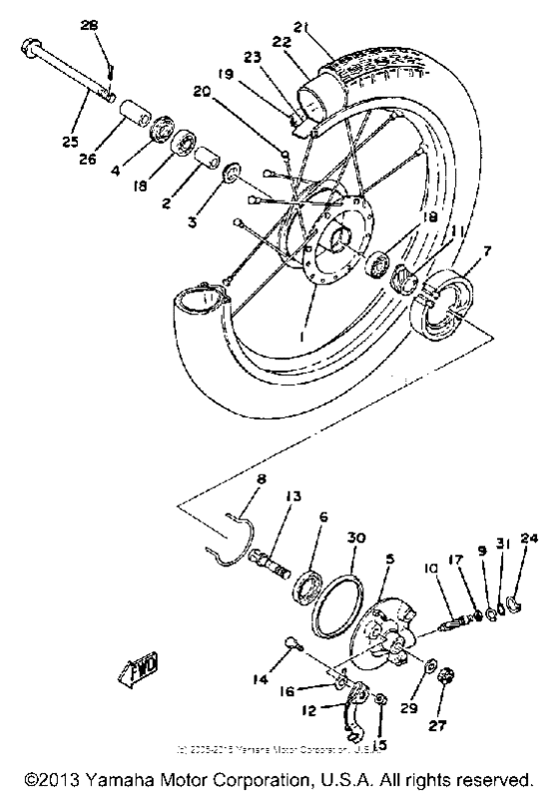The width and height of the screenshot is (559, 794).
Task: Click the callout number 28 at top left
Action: pyautogui.click(x=103, y=24)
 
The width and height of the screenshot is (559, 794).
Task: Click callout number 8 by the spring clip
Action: pyautogui.click(x=261, y=480)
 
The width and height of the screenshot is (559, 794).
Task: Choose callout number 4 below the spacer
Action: pyautogui.click(x=114, y=171)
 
